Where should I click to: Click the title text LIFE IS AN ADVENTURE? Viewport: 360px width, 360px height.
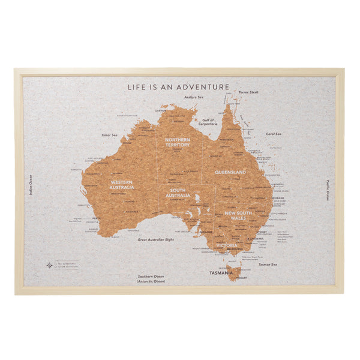point(178,87)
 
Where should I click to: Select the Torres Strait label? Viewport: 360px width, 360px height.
point(248,92)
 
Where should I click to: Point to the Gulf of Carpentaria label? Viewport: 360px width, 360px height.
point(208,122)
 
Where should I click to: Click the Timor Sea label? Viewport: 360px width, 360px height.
point(109,136)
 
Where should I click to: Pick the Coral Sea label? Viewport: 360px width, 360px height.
point(274,134)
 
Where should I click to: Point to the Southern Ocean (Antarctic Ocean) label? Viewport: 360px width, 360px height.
point(150,278)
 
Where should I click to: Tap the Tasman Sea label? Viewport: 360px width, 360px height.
point(268,264)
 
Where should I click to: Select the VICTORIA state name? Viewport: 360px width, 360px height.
point(227,245)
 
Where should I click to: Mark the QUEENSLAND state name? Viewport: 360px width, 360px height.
point(230,172)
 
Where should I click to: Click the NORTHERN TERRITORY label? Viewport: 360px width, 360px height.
point(178,142)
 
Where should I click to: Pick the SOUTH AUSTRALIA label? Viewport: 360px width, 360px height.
point(178,193)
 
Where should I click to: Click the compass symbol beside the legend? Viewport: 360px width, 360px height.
point(49,264)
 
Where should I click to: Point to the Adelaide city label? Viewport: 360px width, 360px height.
point(206,231)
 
